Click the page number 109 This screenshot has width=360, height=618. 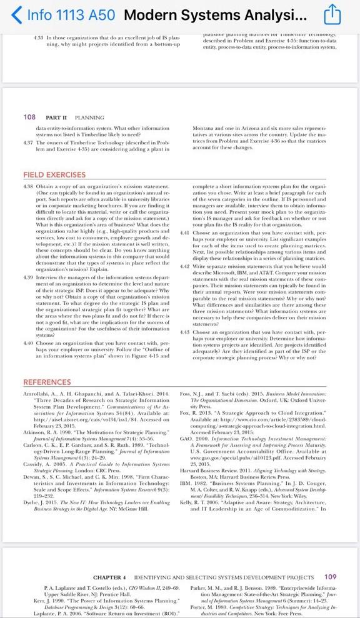(331, 576)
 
